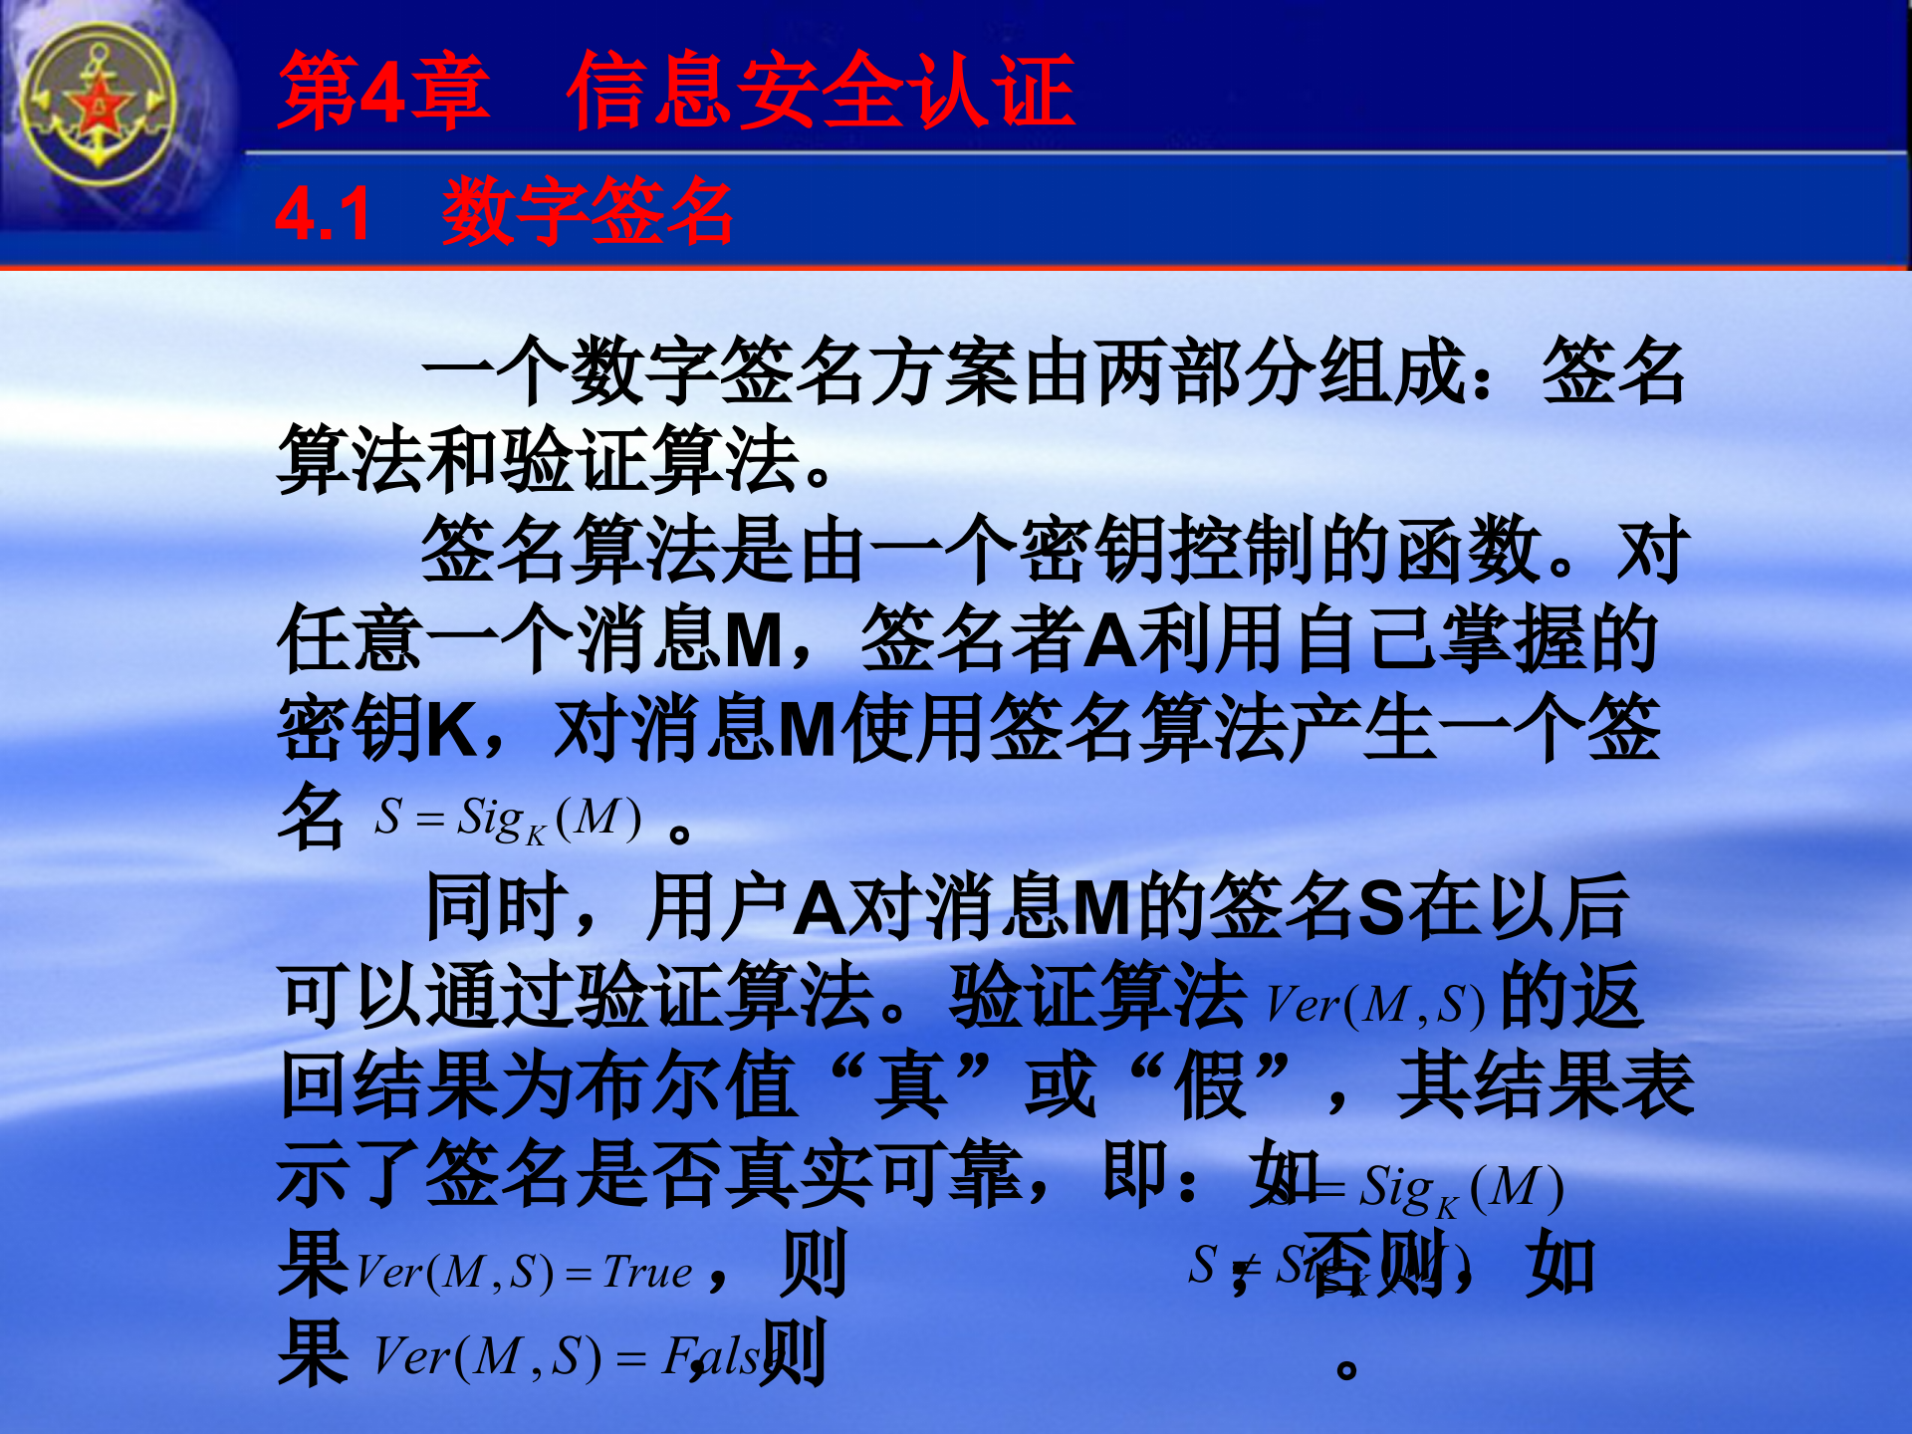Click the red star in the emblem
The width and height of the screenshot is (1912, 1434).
click(x=100, y=106)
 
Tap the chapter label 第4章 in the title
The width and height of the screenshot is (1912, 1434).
click(x=383, y=92)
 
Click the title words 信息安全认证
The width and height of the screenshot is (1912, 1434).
click(x=821, y=92)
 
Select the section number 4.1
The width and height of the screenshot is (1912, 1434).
click(x=323, y=213)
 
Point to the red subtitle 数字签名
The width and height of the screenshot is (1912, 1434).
click(x=588, y=211)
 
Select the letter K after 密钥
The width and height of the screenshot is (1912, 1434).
click(x=452, y=730)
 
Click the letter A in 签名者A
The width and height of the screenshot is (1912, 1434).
click(x=1109, y=640)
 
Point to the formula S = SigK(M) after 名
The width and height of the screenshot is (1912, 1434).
click(x=508, y=820)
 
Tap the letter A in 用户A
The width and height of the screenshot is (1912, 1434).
click(x=821, y=907)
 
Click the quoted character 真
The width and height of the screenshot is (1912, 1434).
click(x=910, y=1086)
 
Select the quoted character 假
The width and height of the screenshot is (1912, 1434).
click(x=1211, y=1086)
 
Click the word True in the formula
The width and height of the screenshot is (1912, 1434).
click(x=647, y=1273)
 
